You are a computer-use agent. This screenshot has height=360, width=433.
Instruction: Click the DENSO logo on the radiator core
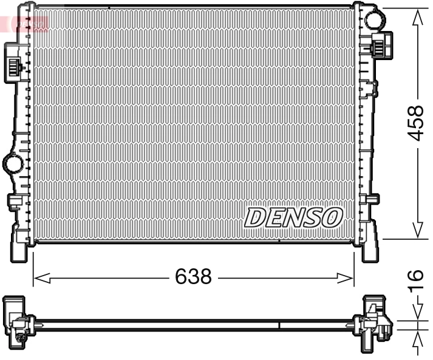pos(294,217)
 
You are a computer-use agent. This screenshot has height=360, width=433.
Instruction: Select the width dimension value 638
pos(193,277)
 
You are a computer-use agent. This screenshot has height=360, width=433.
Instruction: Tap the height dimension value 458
pos(415,123)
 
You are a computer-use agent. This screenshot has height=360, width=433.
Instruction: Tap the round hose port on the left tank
pos(12,163)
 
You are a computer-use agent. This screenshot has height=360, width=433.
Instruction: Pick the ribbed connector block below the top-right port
pos(380,46)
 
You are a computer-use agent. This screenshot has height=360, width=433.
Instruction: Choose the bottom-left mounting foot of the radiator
pos(19,248)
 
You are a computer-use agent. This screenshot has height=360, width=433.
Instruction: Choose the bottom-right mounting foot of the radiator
pos(370,249)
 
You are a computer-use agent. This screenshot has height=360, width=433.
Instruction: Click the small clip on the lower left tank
pos(13,202)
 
